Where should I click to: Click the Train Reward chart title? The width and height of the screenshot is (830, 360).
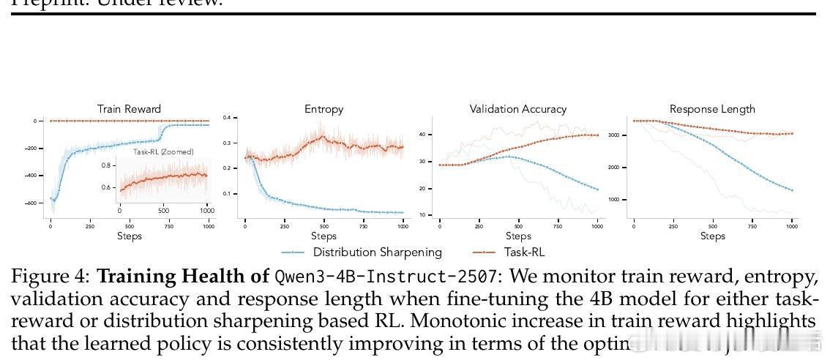click(129, 109)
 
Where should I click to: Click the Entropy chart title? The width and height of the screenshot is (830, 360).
click(324, 109)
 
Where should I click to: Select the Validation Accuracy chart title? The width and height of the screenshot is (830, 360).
click(517, 109)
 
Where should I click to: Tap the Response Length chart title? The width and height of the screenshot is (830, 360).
click(712, 109)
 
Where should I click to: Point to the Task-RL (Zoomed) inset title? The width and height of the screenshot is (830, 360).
click(163, 152)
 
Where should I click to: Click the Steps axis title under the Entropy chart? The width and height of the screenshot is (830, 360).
click(324, 236)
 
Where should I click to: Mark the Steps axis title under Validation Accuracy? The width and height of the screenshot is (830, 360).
click(517, 236)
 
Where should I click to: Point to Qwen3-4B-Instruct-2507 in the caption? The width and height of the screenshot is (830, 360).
click(357, 277)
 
